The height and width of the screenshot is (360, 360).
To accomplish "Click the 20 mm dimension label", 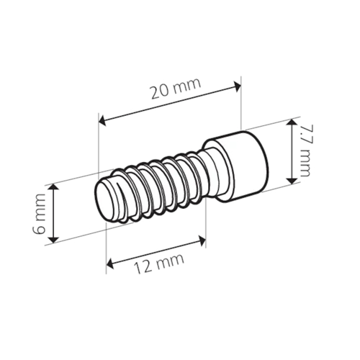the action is click(176, 88).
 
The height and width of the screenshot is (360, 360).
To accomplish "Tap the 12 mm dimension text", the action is click(159, 264).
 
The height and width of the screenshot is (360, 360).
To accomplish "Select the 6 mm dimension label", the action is click(39, 214).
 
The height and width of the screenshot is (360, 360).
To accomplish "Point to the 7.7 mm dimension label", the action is click(305, 150).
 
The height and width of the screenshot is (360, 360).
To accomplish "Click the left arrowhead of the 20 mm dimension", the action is click(103, 121).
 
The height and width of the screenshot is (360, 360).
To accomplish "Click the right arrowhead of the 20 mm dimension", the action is click(237, 86).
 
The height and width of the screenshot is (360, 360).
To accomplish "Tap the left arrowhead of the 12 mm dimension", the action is click(110, 264).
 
